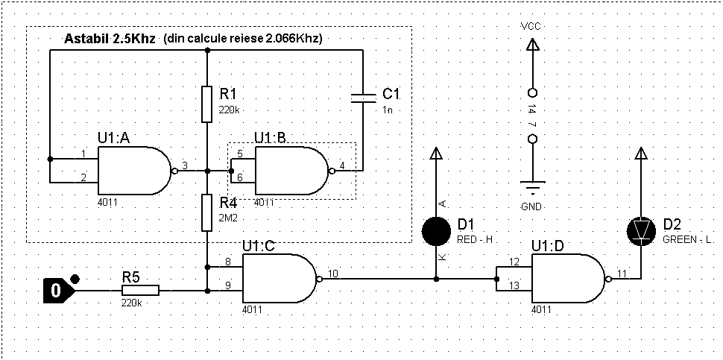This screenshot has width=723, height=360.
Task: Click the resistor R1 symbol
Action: (207, 104)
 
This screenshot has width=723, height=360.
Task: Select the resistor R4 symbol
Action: (207, 212)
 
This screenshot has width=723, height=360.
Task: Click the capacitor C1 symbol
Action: (362, 96)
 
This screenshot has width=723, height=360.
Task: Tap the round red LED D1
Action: (437, 231)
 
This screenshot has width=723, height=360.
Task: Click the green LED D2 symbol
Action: (640, 232)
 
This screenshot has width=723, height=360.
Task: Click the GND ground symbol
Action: (531, 186)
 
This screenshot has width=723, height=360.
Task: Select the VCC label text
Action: (531, 26)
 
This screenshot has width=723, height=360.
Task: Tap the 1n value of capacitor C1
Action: (387, 110)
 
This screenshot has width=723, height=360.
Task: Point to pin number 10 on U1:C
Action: (332, 274)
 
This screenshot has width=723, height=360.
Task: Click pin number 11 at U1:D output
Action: (621, 274)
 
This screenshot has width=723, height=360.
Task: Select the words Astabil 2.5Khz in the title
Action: (109, 38)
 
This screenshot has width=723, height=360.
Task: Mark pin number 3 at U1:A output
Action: (184, 165)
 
